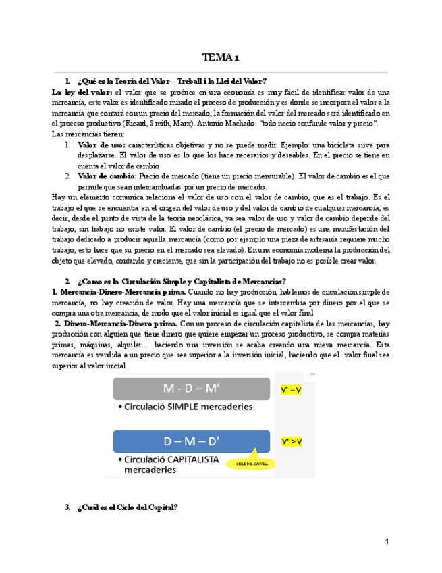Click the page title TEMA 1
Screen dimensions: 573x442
[221, 57]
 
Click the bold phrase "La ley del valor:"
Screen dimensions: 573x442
[82, 91]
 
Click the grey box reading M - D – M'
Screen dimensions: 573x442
[192, 390]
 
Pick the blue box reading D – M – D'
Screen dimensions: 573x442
[192, 442]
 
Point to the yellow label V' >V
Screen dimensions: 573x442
[292, 441]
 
